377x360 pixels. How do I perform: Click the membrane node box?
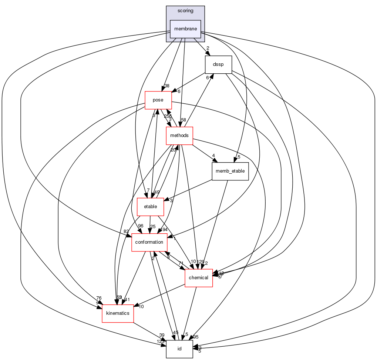tap(185, 29)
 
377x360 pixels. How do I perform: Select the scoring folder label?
tap(185, 11)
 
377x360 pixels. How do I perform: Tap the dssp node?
tap(218, 64)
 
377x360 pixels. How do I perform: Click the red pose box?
tap(158, 100)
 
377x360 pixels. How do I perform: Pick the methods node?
tap(179, 136)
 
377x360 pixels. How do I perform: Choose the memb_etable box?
tap(229, 171)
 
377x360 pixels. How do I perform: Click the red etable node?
tap(150, 207)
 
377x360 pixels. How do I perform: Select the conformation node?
tap(149, 242)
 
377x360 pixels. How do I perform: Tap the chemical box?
tap(199, 278)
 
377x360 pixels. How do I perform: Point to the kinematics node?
tap(118, 313)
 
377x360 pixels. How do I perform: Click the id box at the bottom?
tap(179, 349)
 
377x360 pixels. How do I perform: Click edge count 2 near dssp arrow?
tap(208, 48)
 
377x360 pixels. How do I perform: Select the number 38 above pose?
tap(167, 86)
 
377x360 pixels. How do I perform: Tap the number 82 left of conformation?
tap(127, 231)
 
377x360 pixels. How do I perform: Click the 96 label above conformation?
tap(140, 226)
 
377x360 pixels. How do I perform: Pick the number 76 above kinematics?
tap(99, 298)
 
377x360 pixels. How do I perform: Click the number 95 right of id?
tap(196, 337)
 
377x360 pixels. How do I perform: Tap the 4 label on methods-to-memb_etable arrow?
tap(213, 156)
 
